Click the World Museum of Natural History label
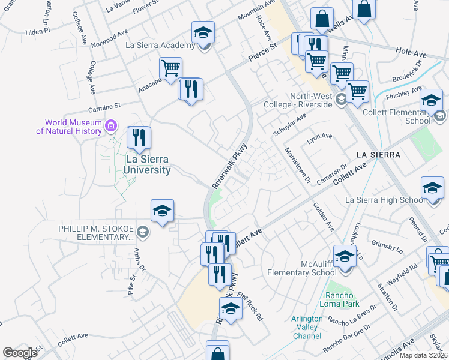[x=68, y=126]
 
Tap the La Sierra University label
[x=147, y=164]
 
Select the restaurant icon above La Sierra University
[x=139, y=138]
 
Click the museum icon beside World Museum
[x=110, y=126]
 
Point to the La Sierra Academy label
[x=160, y=45]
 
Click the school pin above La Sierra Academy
[x=203, y=33]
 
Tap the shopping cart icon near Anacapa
[x=170, y=69]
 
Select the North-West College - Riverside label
[x=302, y=100]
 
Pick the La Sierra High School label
[x=385, y=200]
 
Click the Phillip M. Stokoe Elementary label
[x=96, y=232]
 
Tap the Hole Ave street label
[x=411, y=53]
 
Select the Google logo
[x=20, y=353]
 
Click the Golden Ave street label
[x=323, y=217]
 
